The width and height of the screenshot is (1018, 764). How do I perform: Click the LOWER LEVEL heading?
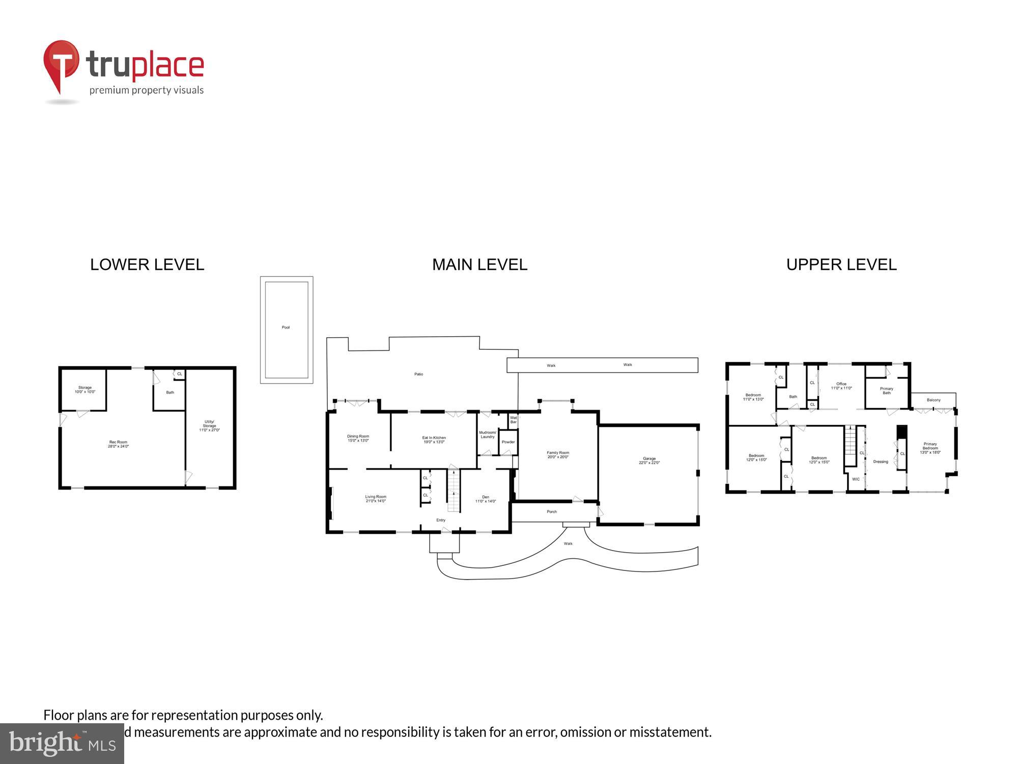(x=147, y=265)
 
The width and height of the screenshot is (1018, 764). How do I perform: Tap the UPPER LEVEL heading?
(x=841, y=265)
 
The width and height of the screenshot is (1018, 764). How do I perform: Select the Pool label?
(x=286, y=328)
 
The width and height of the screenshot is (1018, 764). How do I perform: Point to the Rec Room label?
(x=118, y=444)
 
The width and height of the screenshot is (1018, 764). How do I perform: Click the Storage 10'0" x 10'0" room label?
(x=85, y=390)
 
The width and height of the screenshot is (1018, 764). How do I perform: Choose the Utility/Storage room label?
(x=209, y=426)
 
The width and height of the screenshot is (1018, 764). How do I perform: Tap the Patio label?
(x=418, y=374)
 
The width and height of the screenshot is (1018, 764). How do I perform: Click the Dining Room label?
(x=358, y=439)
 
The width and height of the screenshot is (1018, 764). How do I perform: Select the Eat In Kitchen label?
(x=434, y=440)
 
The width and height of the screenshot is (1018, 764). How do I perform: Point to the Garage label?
(x=649, y=460)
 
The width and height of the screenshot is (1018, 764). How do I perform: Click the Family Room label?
(x=558, y=455)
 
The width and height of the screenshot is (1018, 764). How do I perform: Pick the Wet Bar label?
(x=513, y=420)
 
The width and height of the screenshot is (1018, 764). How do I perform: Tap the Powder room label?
(x=508, y=442)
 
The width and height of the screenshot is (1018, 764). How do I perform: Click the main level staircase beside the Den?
(x=453, y=491)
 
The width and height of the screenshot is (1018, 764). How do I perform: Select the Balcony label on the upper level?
(x=934, y=400)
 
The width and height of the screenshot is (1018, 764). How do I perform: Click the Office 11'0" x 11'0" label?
(x=841, y=386)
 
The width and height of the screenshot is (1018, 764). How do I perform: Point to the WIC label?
(x=856, y=479)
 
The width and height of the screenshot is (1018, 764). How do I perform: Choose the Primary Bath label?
(x=887, y=391)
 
